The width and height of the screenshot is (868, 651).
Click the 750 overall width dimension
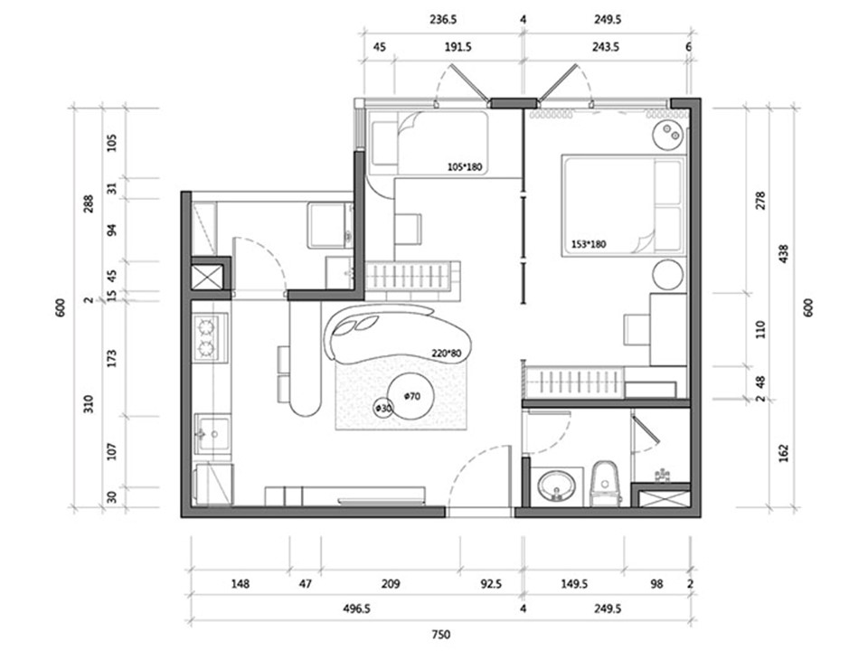440,635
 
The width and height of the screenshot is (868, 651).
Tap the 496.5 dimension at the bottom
356,609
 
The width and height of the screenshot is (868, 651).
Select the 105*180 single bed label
465,166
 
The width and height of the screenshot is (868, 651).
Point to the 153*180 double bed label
589,243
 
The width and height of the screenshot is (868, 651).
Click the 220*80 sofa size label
446,354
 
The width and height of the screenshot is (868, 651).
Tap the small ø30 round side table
383,409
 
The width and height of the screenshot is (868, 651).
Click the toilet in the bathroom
606,485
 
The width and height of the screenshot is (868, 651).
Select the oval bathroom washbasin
557,487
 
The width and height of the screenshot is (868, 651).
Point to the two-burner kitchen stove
210,337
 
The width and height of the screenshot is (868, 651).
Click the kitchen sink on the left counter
213,435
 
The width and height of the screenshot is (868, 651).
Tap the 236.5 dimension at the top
443,20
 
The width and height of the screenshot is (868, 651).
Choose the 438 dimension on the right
783,254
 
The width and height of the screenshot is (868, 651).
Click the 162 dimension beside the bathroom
783,453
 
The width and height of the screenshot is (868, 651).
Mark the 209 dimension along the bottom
391,584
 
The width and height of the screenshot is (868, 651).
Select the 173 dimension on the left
112,359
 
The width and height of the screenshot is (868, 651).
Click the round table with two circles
669,134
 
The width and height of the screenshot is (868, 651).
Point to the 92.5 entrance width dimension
491,584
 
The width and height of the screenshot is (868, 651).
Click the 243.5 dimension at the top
605,48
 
